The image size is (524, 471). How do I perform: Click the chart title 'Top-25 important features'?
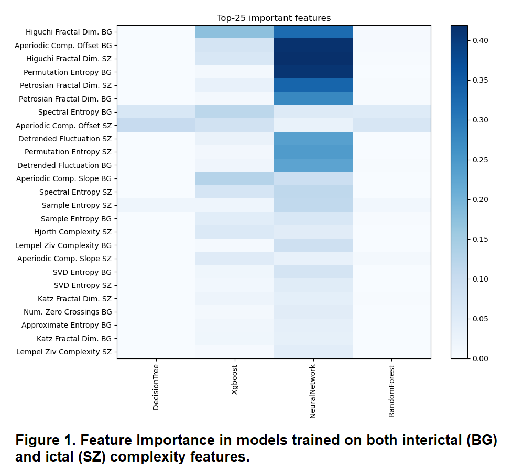pyautogui.click(x=274, y=18)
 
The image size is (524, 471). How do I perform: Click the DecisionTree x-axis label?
pyautogui.click(x=156, y=388)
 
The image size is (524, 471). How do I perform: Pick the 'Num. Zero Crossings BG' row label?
pyautogui.click(x=68, y=312)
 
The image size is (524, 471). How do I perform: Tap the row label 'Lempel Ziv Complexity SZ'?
pyautogui.click(x=63, y=352)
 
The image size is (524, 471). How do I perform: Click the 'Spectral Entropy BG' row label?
pyautogui.click(x=75, y=112)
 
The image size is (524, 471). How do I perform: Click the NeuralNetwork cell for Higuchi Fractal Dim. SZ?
pyautogui.click(x=313, y=59)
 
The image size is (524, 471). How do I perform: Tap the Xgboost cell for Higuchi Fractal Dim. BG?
pyautogui.click(x=235, y=32)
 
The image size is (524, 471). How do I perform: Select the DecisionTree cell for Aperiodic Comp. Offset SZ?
pyautogui.click(x=156, y=125)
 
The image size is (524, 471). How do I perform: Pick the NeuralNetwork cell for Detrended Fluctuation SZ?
pyautogui.click(x=313, y=139)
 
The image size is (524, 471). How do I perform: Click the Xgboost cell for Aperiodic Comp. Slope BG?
pyautogui.click(x=235, y=178)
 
